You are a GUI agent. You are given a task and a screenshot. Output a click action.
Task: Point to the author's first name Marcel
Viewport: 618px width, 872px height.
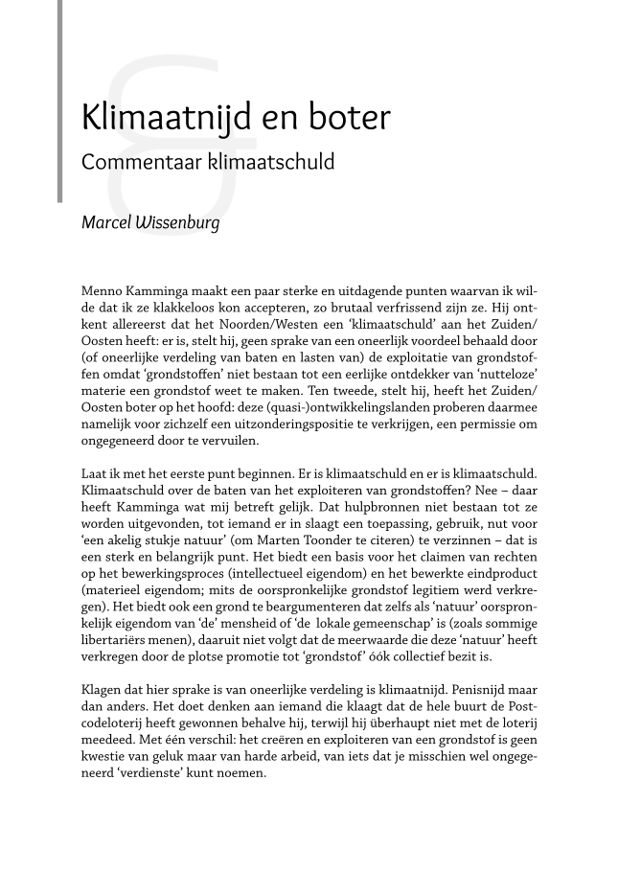tap(106, 225)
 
